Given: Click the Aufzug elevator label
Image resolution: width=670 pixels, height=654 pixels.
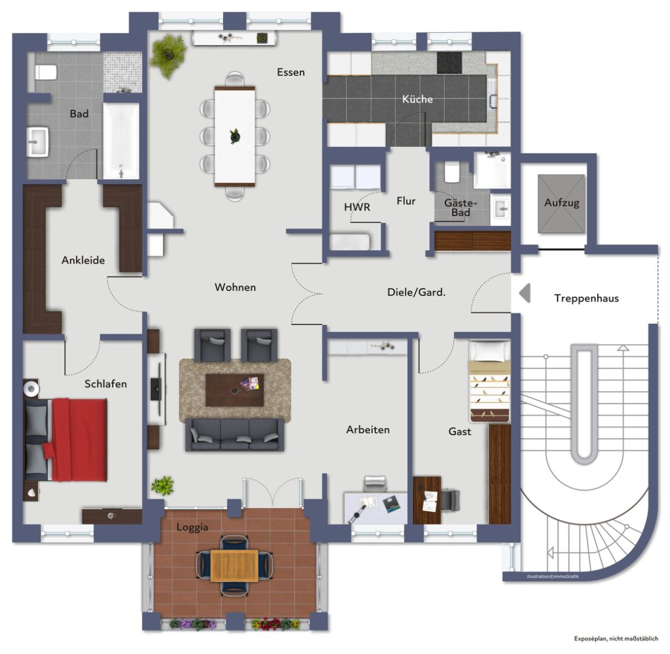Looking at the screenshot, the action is click(561, 203).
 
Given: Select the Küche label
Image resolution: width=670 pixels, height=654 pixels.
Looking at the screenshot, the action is click(418, 99).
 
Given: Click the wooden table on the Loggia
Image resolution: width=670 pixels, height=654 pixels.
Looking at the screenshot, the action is click(234, 566).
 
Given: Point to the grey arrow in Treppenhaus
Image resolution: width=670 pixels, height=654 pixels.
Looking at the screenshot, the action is click(524, 293).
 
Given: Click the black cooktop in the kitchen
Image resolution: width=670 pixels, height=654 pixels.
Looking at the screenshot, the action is click(449, 63).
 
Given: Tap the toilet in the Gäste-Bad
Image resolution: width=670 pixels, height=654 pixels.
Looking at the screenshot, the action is click(451, 172).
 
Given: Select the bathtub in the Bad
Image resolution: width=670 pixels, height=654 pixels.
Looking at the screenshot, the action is click(121, 141).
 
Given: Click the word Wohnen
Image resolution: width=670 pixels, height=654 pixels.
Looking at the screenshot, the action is click(235, 287).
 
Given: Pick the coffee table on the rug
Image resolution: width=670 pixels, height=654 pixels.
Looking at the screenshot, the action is click(235, 390).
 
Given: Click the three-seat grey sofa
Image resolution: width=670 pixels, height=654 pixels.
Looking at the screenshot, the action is click(235, 434).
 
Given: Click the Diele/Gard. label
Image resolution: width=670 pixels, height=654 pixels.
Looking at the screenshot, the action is click(416, 292).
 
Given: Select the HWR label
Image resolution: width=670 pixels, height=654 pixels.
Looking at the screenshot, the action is click(357, 207).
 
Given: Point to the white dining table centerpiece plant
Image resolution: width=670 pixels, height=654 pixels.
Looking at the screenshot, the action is click(235, 136).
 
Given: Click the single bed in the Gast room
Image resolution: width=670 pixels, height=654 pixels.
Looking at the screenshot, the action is click(490, 381).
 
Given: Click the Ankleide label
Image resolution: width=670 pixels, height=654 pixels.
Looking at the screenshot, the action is click(83, 260).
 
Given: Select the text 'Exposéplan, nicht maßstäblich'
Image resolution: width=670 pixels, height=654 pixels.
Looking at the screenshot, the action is click(616, 639).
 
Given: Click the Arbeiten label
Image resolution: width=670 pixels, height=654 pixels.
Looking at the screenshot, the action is click(368, 429).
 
